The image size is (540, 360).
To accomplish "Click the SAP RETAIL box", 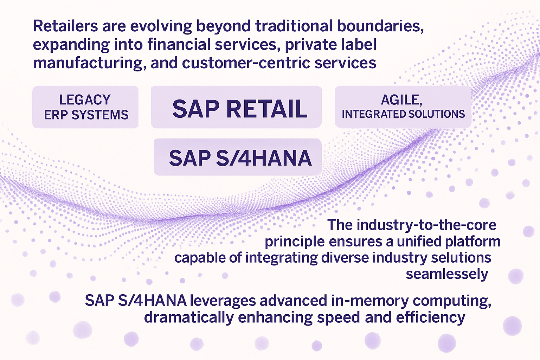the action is (x=236, y=107).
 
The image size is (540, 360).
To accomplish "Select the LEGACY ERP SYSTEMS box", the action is (x=85, y=107).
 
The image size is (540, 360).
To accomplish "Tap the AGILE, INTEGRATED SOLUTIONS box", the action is (x=403, y=107).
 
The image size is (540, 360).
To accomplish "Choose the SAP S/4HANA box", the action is (x=238, y=157).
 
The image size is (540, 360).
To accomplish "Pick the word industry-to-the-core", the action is (x=426, y=225).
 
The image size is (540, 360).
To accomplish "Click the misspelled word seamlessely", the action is (x=447, y=274).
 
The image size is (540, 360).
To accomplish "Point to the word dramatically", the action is (x=189, y=317).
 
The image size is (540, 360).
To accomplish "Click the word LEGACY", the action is (x=85, y=99).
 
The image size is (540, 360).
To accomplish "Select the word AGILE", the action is (x=401, y=99).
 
